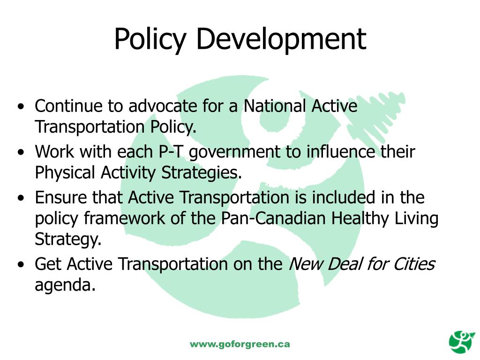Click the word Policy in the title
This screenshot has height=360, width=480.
(150, 39)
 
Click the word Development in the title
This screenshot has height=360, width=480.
(281, 39)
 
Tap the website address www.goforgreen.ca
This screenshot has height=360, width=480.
(240, 344)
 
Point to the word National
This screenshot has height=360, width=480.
(276, 106)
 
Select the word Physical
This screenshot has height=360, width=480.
(66, 173)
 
